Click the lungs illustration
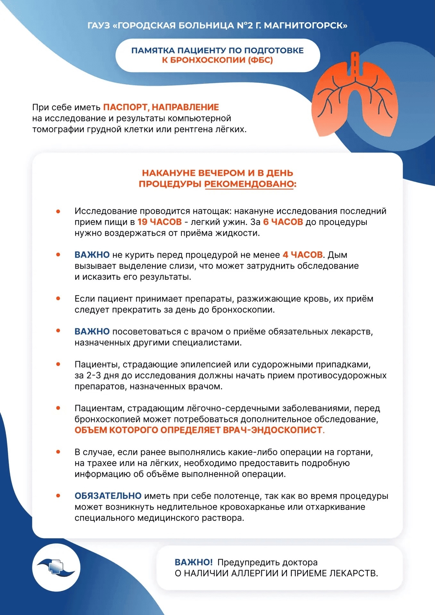point(355,96)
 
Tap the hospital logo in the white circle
point(56,567)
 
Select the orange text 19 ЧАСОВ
point(159,222)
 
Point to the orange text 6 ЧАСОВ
point(283,222)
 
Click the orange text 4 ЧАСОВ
point(302,255)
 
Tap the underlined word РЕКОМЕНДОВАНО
point(250,184)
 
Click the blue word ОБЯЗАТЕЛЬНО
point(108,496)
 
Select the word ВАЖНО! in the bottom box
point(193,562)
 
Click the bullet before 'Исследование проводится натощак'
point(58,211)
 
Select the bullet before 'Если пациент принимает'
point(58,299)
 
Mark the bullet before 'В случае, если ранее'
point(58,452)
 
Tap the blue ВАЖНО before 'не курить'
point(92,255)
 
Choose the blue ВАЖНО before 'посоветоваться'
point(92,332)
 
